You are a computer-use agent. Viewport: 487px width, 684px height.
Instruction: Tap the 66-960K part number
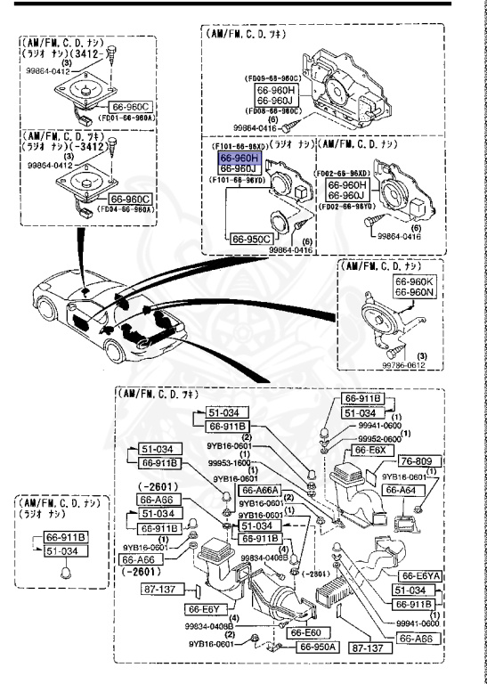[x=412, y=281]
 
